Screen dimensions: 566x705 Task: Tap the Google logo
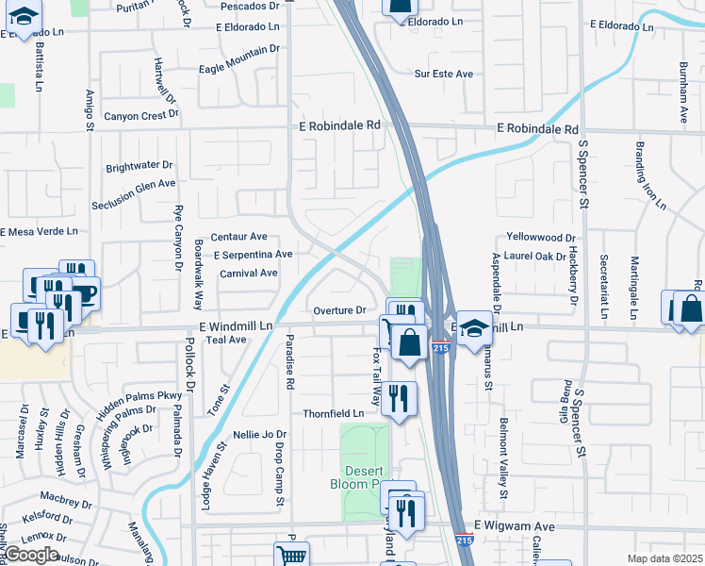pyautogui.click(x=32, y=555)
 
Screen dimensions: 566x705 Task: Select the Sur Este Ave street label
pyautogui.click(x=450, y=72)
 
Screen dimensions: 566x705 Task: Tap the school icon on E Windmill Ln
pyautogui.click(x=476, y=326)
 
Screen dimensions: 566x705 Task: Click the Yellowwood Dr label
pyautogui.click(x=540, y=238)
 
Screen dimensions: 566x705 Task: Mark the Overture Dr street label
pyautogui.click(x=339, y=309)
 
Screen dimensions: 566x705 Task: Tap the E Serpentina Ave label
pyautogui.click(x=253, y=255)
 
